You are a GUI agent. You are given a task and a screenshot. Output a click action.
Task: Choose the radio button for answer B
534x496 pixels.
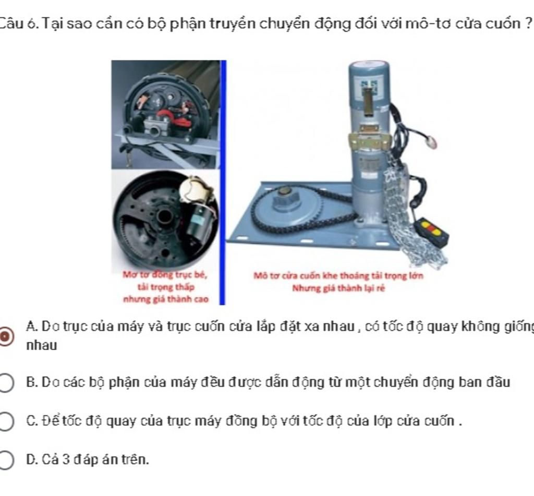pyautogui.click(x=6, y=383)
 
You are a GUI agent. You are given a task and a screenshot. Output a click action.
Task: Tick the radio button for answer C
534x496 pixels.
pyautogui.click(x=6, y=421)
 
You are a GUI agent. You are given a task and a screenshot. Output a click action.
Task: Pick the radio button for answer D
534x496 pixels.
pyautogui.click(x=6, y=459)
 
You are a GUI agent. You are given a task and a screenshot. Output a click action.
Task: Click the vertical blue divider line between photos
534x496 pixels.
pyautogui.click(x=223, y=183)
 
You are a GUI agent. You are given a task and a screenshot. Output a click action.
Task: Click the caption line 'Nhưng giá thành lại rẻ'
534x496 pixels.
pyautogui.click(x=338, y=287)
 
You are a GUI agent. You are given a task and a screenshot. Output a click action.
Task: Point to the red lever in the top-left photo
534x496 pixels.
pyautogui.click(x=169, y=116)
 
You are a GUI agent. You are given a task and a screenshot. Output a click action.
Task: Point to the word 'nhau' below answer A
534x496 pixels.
pyautogui.click(x=42, y=345)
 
